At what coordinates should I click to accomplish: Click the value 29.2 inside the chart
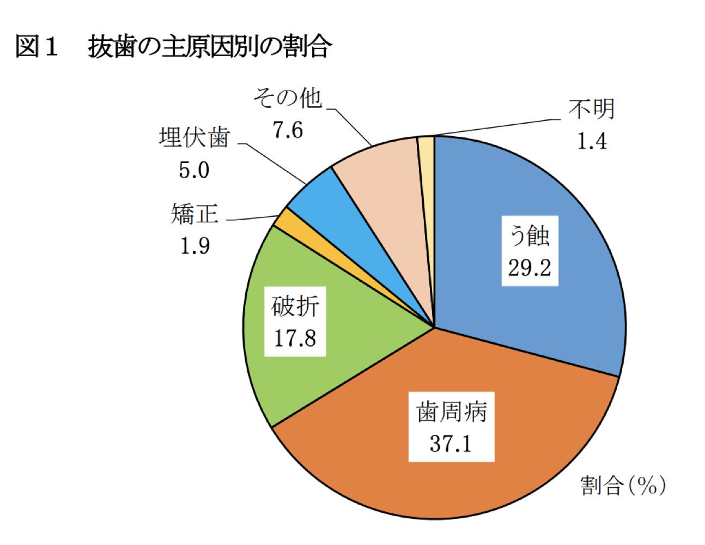pos(529,268)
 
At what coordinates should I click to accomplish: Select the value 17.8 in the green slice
pos(295,338)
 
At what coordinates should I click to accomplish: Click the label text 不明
pos(592,108)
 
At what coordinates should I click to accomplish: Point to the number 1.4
pos(592,141)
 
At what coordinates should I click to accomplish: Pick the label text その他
pos(287,99)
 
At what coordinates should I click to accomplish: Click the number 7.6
pos(287,131)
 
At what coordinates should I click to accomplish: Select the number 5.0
pos(194,171)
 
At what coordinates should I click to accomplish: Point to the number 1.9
pos(195,246)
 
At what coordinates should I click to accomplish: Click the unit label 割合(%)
pos(622,485)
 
